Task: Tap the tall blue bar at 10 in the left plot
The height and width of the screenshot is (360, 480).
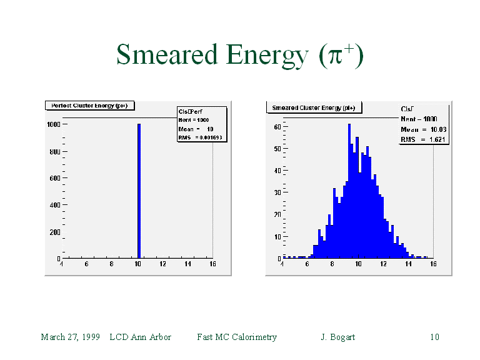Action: click(x=139, y=191)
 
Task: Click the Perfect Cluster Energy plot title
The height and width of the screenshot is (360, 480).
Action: click(x=89, y=106)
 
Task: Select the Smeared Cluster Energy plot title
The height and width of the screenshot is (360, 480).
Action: click(x=313, y=107)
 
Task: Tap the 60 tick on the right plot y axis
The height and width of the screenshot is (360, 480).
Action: click(x=277, y=126)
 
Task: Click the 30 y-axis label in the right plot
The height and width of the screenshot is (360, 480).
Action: click(x=277, y=192)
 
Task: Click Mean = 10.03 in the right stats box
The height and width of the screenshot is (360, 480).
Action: click(x=423, y=129)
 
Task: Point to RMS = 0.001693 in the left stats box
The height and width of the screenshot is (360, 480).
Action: click(x=200, y=137)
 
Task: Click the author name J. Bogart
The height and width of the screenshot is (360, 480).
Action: click(x=337, y=337)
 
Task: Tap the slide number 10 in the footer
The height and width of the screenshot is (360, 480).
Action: click(x=434, y=337)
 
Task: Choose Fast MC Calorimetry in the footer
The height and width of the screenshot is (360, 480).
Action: click(x=236, y=337)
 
